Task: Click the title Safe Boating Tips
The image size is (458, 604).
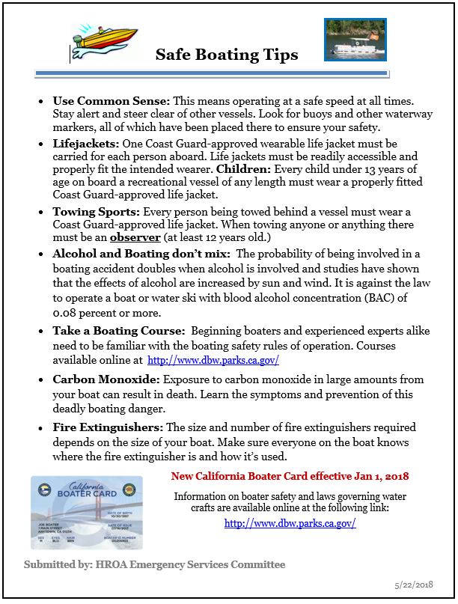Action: coord(227,55)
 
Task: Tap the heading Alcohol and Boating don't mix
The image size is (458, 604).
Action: coord(141,254)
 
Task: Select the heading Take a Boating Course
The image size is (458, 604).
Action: coord(118,330)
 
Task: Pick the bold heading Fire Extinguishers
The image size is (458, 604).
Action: coord(107,427)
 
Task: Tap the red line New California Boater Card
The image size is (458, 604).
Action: coord(290,476)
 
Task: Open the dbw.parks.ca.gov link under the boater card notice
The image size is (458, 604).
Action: coord(290,523)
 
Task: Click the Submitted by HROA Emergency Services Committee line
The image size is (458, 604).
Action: coord(154,564)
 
